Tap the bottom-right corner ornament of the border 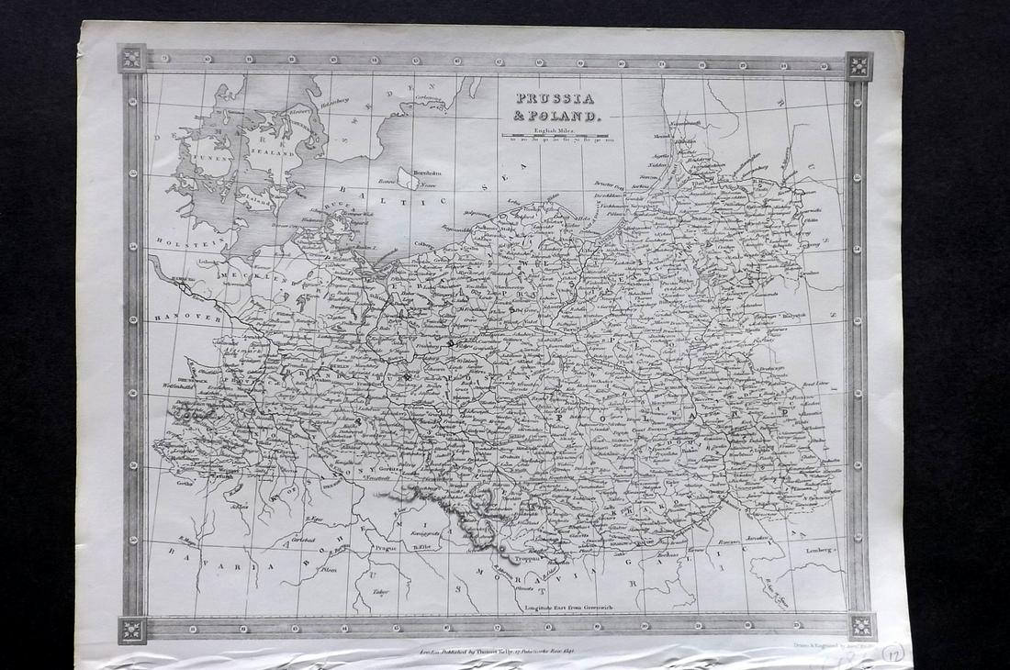(862, 626)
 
